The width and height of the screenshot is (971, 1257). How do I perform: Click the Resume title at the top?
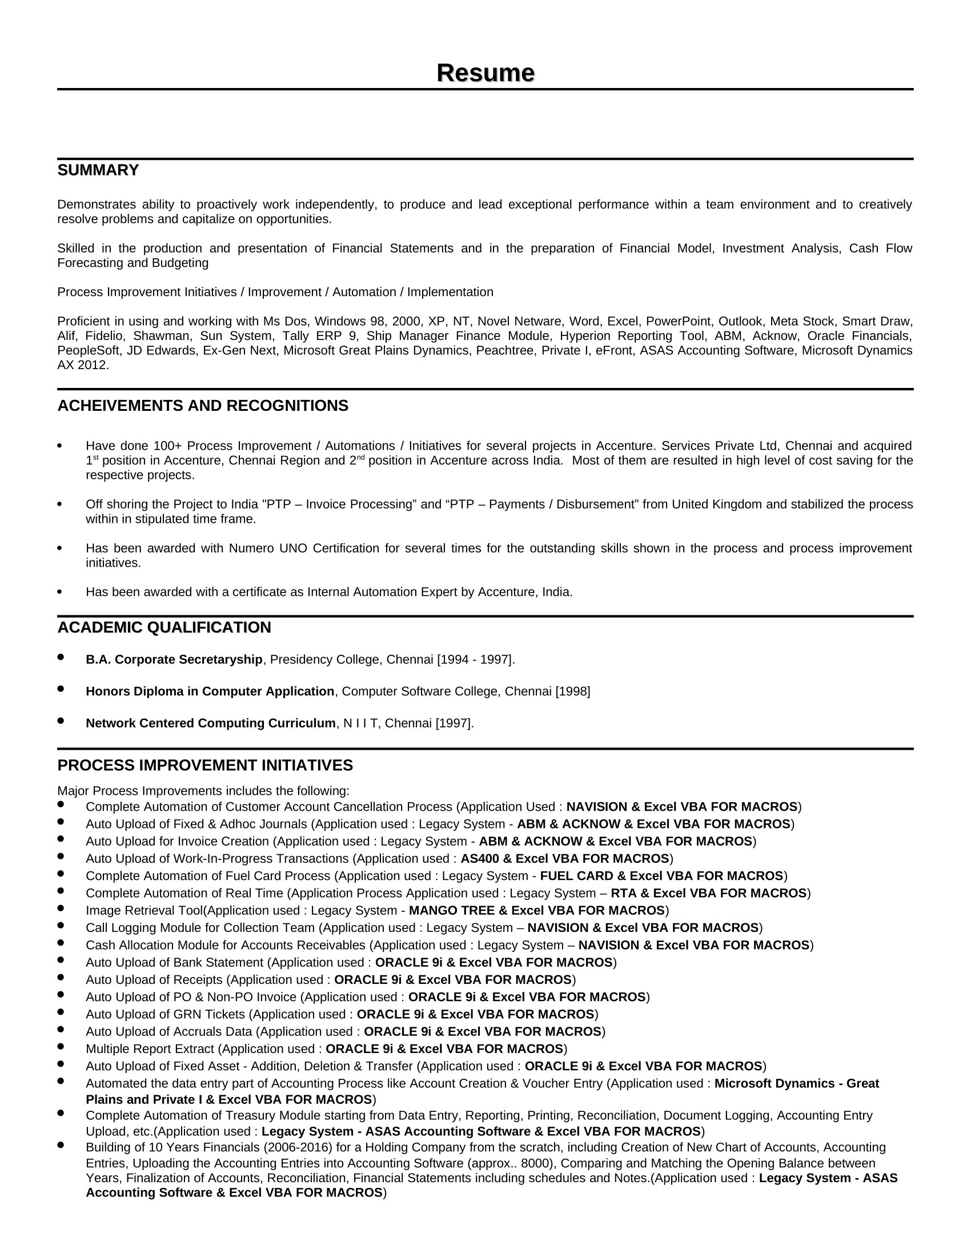[485, 73]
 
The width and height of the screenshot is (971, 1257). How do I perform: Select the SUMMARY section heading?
[98, 170]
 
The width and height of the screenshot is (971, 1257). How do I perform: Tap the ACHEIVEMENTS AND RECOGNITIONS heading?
[203, 406]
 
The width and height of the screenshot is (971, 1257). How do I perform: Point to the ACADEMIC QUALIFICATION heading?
[164, 627]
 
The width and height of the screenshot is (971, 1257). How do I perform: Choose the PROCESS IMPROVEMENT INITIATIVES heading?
[205, 766]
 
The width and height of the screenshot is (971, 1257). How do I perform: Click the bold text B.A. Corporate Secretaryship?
[174, 659]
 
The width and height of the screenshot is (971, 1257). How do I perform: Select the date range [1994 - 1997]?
[475, 659]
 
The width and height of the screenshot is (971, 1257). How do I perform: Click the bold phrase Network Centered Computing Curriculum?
[211, 723]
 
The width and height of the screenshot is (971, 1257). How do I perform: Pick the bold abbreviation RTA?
[623, 893]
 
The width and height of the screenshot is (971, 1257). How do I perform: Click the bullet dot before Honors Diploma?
[61, 689]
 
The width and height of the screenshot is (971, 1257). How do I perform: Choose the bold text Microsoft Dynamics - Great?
[797, 1084]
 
